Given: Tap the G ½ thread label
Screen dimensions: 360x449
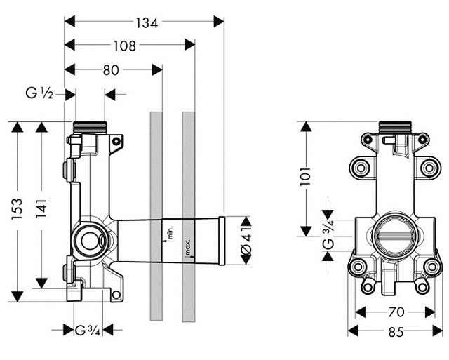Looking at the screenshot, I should click(x=40, y=93).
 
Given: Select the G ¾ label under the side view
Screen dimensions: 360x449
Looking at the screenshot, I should click(x=89, y=330).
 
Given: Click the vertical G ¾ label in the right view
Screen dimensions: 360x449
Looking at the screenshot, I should click(x=328, y=234).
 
